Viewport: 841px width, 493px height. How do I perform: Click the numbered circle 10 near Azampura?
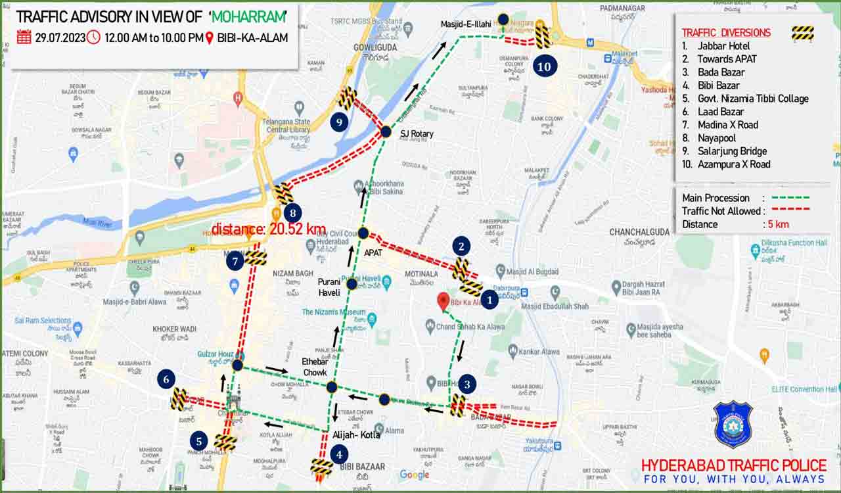545,66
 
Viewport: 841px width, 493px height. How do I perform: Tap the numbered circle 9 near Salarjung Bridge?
338,122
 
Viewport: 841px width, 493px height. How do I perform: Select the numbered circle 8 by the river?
293,213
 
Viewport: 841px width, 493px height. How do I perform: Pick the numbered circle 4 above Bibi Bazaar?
339,454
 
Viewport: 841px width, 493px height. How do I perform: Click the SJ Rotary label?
417,134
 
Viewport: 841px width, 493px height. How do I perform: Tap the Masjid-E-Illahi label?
466,24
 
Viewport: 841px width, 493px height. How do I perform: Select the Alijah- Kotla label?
356,435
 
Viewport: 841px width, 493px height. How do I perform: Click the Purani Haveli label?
329,287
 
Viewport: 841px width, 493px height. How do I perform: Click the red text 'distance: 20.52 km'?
269,229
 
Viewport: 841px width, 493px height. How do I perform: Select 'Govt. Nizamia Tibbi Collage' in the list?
752,99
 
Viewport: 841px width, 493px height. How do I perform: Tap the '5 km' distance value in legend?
778,224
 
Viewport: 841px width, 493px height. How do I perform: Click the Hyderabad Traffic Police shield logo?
733,424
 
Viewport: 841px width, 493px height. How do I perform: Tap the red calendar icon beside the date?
24,37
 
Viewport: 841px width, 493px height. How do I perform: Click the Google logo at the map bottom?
414,475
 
